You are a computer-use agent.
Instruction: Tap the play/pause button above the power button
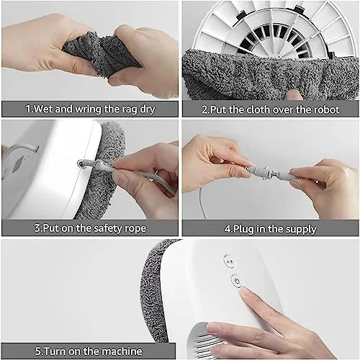pyautogui.click(x=230, y=261)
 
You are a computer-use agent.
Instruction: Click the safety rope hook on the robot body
pyautogui.click(x=81, y=164)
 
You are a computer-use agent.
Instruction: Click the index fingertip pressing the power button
pyautogui.click(x=244, y=292)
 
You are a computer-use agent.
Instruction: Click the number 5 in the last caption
pyautogui.click(x=38, y=351)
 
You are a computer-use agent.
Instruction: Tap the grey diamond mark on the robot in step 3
pyautogui.click(x=17, y=165)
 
